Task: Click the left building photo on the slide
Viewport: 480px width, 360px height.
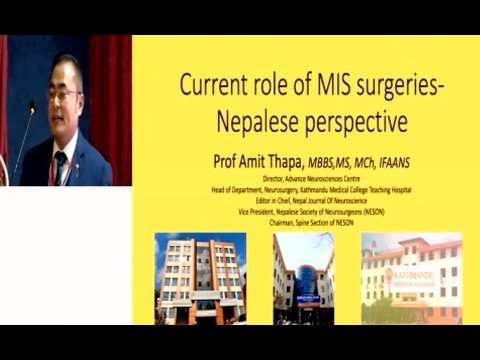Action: click(200, 277)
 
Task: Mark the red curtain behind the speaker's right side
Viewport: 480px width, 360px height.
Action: click(109, 100)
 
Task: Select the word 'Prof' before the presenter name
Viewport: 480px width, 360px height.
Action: click(226, 159)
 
